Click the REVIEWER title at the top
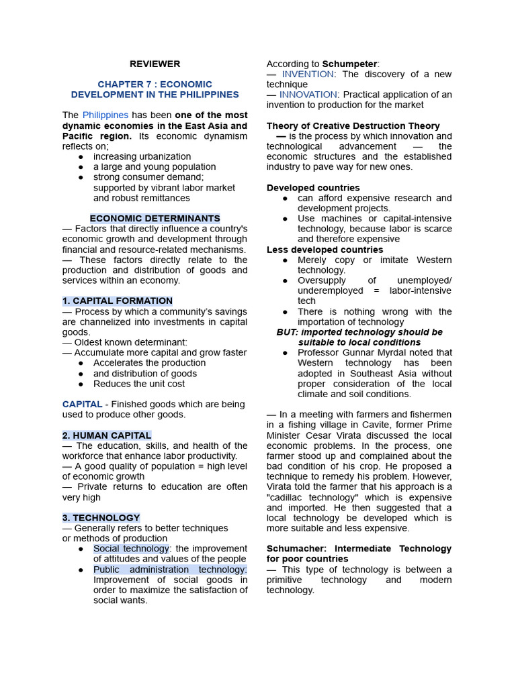(x=155, y=64)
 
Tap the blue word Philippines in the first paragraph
(x=105, y=115)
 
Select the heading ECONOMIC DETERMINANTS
(x=155, y=219)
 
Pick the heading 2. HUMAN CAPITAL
(x=107, y=435)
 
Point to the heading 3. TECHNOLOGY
(x=101, y=518)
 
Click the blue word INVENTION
(x=307, y=74)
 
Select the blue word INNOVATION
(x=310, y=95)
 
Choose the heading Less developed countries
(x=315, y=250)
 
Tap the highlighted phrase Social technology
(x=131, y=549)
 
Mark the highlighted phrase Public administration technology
(x=170, y=570)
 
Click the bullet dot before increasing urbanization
(x=81, y=157)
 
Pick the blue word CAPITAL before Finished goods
(x=82, y=405)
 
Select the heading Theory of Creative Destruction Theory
(x=353, y=126)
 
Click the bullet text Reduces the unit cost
(x=139, y=384)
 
